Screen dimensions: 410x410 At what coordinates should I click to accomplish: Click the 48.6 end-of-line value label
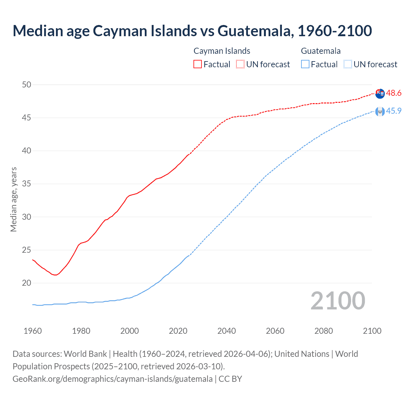pos(393,93)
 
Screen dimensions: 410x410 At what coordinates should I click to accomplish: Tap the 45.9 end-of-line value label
pos(393,111)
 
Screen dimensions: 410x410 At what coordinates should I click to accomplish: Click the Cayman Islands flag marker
pos(380,94)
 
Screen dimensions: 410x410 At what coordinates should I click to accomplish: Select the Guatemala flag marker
pos(380,111)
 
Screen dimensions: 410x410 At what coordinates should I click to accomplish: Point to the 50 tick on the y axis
pos(27,85)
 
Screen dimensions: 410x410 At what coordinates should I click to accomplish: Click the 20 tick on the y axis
pos(27,283)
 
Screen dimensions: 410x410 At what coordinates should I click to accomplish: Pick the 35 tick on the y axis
pos(27,184)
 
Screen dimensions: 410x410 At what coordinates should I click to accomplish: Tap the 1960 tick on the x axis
pos(33,331)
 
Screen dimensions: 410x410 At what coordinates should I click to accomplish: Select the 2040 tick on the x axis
pos(226,331)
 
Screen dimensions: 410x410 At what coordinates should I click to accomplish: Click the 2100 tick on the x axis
pos(372,331)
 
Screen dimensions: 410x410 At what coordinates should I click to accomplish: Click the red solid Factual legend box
pos(198,64)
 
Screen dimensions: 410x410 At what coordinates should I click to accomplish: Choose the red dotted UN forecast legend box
pos(240,64)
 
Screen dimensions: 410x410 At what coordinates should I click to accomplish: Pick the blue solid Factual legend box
pos(305,64)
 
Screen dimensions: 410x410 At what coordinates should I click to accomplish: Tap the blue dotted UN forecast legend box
pos(348,64)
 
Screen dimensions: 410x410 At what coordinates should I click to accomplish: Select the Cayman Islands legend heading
pos(222,51)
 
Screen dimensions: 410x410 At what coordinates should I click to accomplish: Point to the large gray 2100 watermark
pos(338,301)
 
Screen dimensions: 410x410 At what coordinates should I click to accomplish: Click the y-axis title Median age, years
pos(13,199)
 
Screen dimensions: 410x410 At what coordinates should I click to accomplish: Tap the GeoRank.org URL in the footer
pos(112,379)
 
